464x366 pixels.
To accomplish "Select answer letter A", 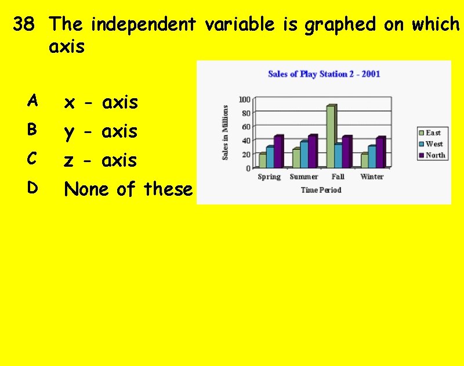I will (32, 102).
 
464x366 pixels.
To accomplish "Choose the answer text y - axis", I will (101, 132).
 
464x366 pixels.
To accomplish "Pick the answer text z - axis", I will (101, 160).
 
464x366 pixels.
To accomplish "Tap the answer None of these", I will (128, 189).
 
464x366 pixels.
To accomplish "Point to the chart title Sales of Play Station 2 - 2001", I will (324, 74).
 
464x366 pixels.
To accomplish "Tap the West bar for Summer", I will (304, 154).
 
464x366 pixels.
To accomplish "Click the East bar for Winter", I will (364, 160).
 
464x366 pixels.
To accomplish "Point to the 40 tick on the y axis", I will (246, 141).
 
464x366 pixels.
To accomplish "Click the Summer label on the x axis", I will (303, 177).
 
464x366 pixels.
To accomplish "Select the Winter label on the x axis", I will (371, 177).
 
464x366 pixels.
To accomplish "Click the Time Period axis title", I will (321, 190).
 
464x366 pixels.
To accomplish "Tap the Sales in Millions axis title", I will (226, 132).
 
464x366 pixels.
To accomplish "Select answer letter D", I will (32, 188).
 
